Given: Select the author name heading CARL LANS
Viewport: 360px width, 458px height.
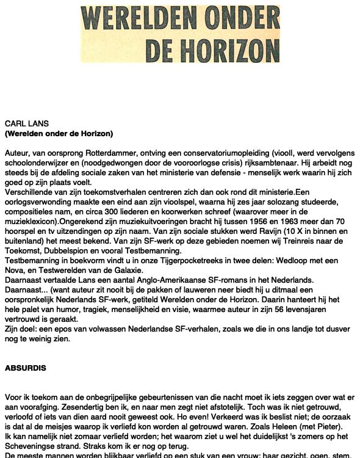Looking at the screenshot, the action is click(x=26, y=124).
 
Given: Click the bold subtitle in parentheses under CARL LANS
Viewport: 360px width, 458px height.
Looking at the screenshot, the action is click(x=59, y=134).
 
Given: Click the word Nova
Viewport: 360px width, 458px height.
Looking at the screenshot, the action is click(x=15, y=271).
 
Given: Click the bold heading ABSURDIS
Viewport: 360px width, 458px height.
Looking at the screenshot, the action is click(x=26, y=368).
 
